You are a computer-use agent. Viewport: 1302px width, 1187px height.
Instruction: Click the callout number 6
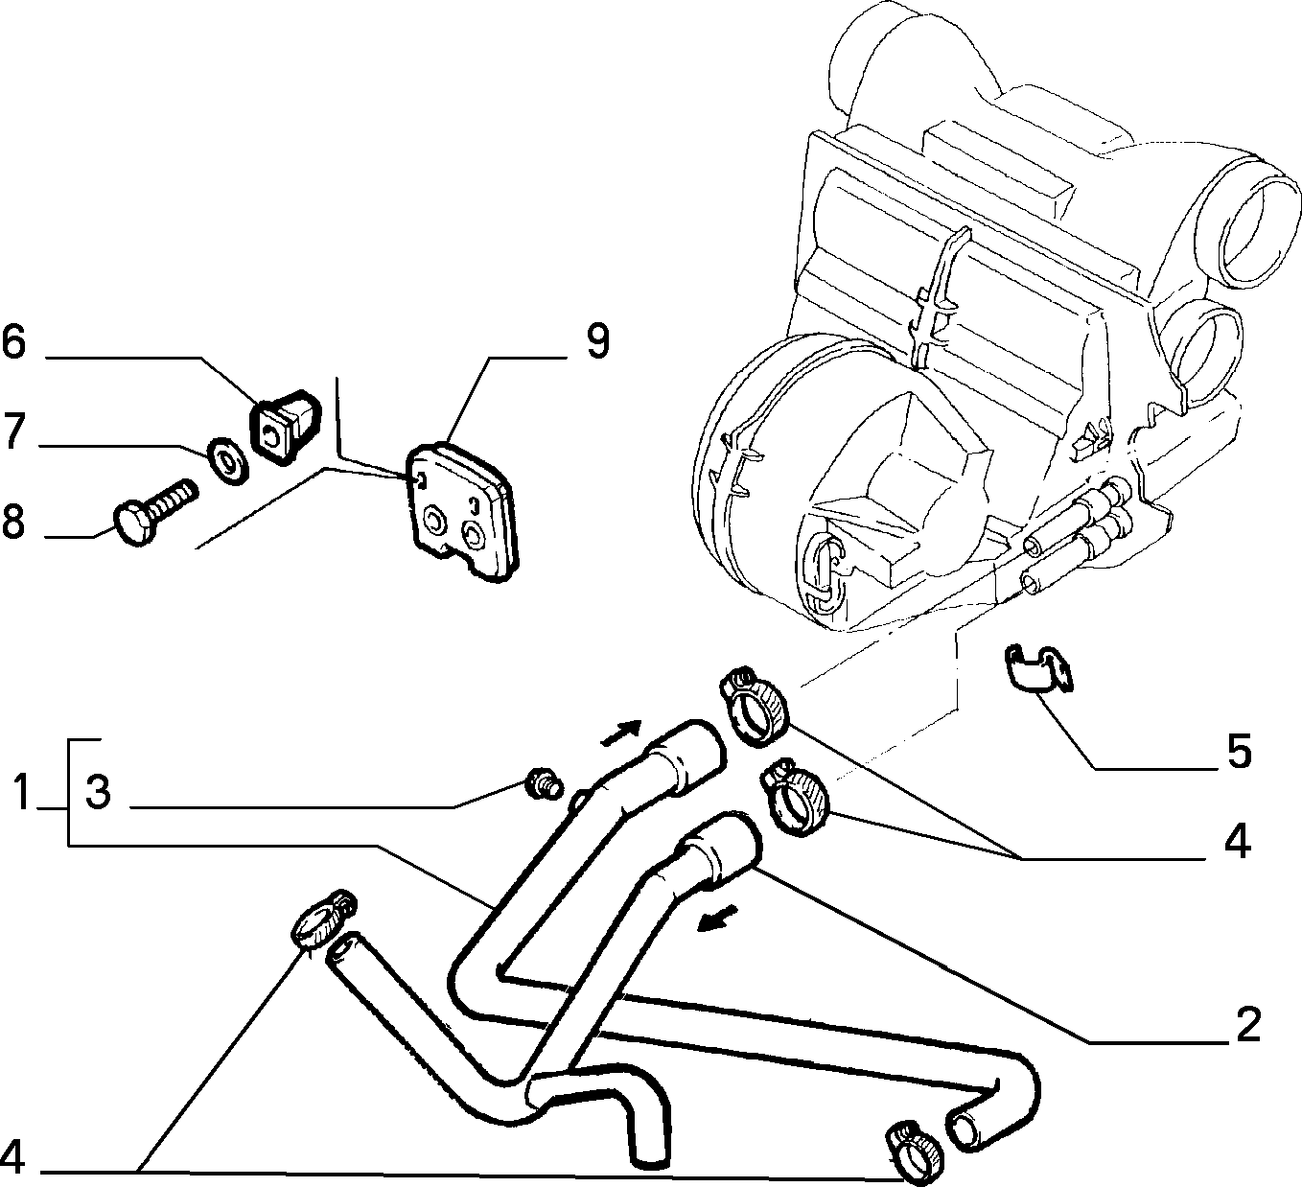pos(13,342)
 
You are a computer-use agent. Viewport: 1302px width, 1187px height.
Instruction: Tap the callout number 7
pos(13,431)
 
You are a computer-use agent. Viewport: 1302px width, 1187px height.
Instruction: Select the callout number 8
pos(13,521)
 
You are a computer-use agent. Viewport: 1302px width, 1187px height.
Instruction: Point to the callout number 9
pos(597,341)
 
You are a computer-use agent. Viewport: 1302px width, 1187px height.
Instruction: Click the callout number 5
pos(1239,752)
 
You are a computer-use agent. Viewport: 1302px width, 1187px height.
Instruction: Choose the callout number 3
pos(98,793)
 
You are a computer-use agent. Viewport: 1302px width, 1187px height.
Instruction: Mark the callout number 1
pos(22,792)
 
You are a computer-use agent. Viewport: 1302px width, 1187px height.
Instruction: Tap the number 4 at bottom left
pos(13,1157)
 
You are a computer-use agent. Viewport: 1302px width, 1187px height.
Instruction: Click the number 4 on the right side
pos(1238,843)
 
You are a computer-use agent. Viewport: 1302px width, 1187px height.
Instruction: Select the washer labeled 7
pos(227,460)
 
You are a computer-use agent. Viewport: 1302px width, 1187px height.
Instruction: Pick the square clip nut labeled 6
pos(285,425)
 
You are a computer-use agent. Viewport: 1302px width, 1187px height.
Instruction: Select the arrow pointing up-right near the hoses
pos(621,733)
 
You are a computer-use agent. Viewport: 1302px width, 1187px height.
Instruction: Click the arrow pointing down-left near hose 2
pos(718,919)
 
